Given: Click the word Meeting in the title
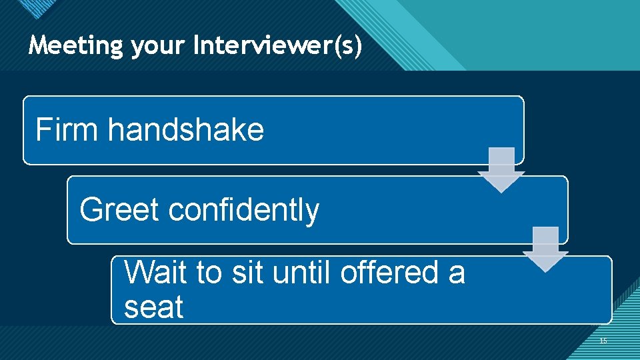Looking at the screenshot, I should pos(76,45).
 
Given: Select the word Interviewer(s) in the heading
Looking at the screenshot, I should pos(278,45).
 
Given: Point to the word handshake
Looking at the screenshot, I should pos(186,129).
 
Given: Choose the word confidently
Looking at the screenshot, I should pos(244,209).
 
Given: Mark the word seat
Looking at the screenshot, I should pos(153,307).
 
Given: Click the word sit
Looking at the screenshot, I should pos(246,273).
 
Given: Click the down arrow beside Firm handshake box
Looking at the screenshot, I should pos(501,170).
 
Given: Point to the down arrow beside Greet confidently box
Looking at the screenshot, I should pos(545,249).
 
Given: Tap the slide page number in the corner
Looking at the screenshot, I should pos(603,341).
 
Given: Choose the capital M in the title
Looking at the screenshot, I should pos(39,45).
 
